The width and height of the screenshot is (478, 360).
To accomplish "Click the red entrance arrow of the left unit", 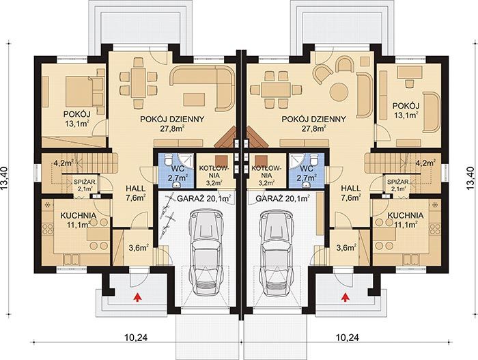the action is [138, 297].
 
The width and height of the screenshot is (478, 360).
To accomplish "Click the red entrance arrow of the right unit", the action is [345, 297].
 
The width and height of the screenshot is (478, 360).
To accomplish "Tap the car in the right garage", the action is [277, 253].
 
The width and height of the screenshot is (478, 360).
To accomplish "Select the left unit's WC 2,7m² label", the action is [177, 173].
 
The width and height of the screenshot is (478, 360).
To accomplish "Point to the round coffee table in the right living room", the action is [339, 92].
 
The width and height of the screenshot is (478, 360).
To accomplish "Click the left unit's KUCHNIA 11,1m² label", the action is [79, 220].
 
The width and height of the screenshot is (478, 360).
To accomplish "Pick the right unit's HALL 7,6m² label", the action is [351, 193].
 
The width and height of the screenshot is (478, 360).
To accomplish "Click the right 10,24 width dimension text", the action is [347, 337].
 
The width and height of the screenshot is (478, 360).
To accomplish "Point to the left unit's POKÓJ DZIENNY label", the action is [172, 119].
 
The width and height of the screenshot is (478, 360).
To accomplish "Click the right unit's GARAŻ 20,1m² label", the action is [283, 199].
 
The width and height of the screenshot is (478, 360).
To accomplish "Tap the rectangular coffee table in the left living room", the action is [194, 100].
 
